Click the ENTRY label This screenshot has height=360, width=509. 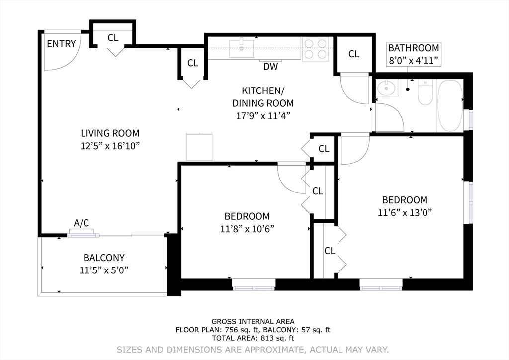[x=61, y=44]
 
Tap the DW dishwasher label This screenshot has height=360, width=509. [x=270, y=66]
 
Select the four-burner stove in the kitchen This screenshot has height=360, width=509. [x=316, y=49]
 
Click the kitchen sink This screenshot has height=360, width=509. [x=241, y=49]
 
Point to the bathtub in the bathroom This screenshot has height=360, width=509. [x=450, y=105]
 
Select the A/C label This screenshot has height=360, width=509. [x=82, y=223]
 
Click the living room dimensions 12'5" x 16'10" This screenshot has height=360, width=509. [x=110, y=146]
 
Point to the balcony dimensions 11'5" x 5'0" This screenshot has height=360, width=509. [x=104, y=270]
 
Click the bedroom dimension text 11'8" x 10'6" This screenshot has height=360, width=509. [x=247, y=229]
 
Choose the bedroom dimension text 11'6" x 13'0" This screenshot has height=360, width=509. [x=404, y=212]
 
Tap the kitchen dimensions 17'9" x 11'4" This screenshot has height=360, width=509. [x=263, y=116]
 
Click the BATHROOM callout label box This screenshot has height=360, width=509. [x=414, y=54]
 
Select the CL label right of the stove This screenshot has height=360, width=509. [x=353, y=54]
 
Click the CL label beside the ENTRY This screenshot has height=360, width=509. [x=113, y=37]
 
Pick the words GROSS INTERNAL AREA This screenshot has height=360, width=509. [x=253, y=321]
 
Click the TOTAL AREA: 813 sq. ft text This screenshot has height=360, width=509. [x=253, y=337]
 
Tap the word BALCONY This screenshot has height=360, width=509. [x=104, y=258]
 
